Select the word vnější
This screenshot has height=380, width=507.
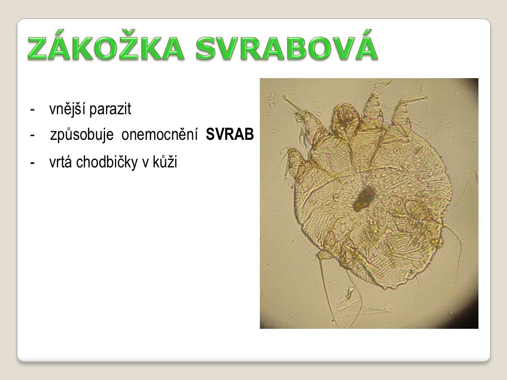pyautogui.click(x=68, y=109)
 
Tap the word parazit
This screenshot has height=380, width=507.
pyautogui.click(x=110, y=110)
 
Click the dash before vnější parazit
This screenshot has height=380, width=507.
pyautogui.click(x=32, y=110)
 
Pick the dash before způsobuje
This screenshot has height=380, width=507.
pyautogui.click(x=32, y=136)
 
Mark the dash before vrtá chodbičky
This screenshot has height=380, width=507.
pyautogui.click(x=32, y=163)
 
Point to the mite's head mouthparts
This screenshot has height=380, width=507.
pyautogui.click(x=345, y=118)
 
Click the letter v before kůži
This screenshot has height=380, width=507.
pyautogui.click(x=146, y=164)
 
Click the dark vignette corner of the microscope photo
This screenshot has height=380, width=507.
pyautogui.click(x=472, y=320)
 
